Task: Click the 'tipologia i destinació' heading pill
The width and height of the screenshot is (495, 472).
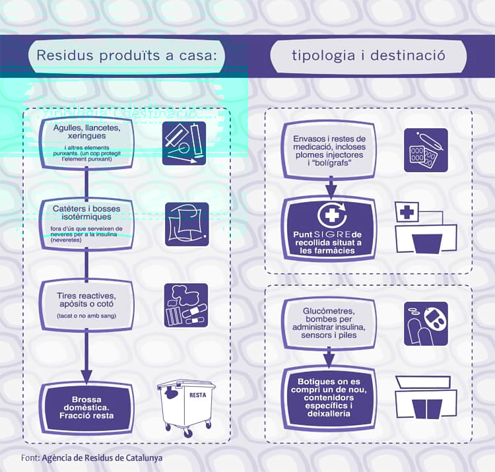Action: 368,55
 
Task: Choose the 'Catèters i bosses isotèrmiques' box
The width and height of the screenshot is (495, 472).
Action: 87,224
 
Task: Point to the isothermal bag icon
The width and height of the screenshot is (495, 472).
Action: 186,224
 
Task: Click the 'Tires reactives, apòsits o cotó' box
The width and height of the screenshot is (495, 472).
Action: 87,305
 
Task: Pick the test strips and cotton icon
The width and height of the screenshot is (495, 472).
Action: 185,305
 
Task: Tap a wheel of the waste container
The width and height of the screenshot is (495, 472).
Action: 189,433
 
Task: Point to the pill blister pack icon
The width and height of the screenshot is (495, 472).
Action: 426,150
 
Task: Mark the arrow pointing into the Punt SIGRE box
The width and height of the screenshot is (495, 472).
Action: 331,189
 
